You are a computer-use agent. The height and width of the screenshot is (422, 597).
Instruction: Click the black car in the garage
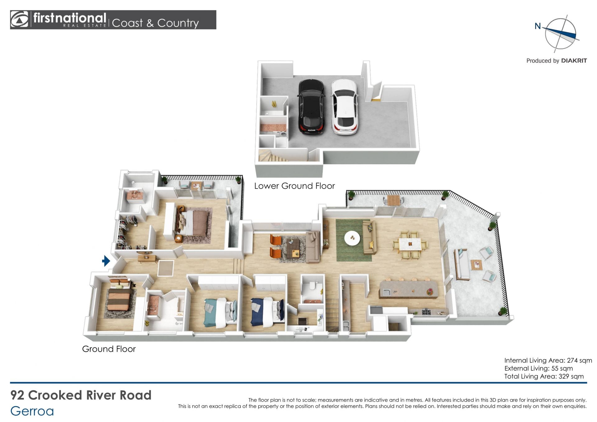pos(311,106)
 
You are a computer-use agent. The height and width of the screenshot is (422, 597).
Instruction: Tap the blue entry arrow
pos(106,261)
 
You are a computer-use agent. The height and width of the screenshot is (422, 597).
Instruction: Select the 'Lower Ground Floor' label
pos(294,186)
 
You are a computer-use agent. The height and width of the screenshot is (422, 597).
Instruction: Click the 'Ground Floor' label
pos(109,349)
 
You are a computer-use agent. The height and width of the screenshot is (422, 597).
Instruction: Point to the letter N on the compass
pos(538,26)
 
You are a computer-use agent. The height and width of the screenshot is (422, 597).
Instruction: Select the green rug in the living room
pos(354,240)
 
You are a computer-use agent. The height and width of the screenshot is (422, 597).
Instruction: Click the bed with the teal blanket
pos(220,312)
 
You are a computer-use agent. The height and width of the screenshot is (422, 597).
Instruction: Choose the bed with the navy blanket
pos(267,312)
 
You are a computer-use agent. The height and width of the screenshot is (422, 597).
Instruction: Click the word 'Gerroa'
pos(32,411)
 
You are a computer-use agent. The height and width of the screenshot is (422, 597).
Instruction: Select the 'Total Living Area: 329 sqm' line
pos(544,376)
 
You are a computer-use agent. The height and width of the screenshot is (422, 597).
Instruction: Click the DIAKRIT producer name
pos(574,61)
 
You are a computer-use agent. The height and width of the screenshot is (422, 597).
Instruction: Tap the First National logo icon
pos(19,20)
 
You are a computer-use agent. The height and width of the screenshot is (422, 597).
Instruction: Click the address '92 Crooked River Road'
pos(81,395)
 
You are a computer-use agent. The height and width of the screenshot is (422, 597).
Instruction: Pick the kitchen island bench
pos(408,289)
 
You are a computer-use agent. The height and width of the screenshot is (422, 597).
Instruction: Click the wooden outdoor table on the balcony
pos(394,200)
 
